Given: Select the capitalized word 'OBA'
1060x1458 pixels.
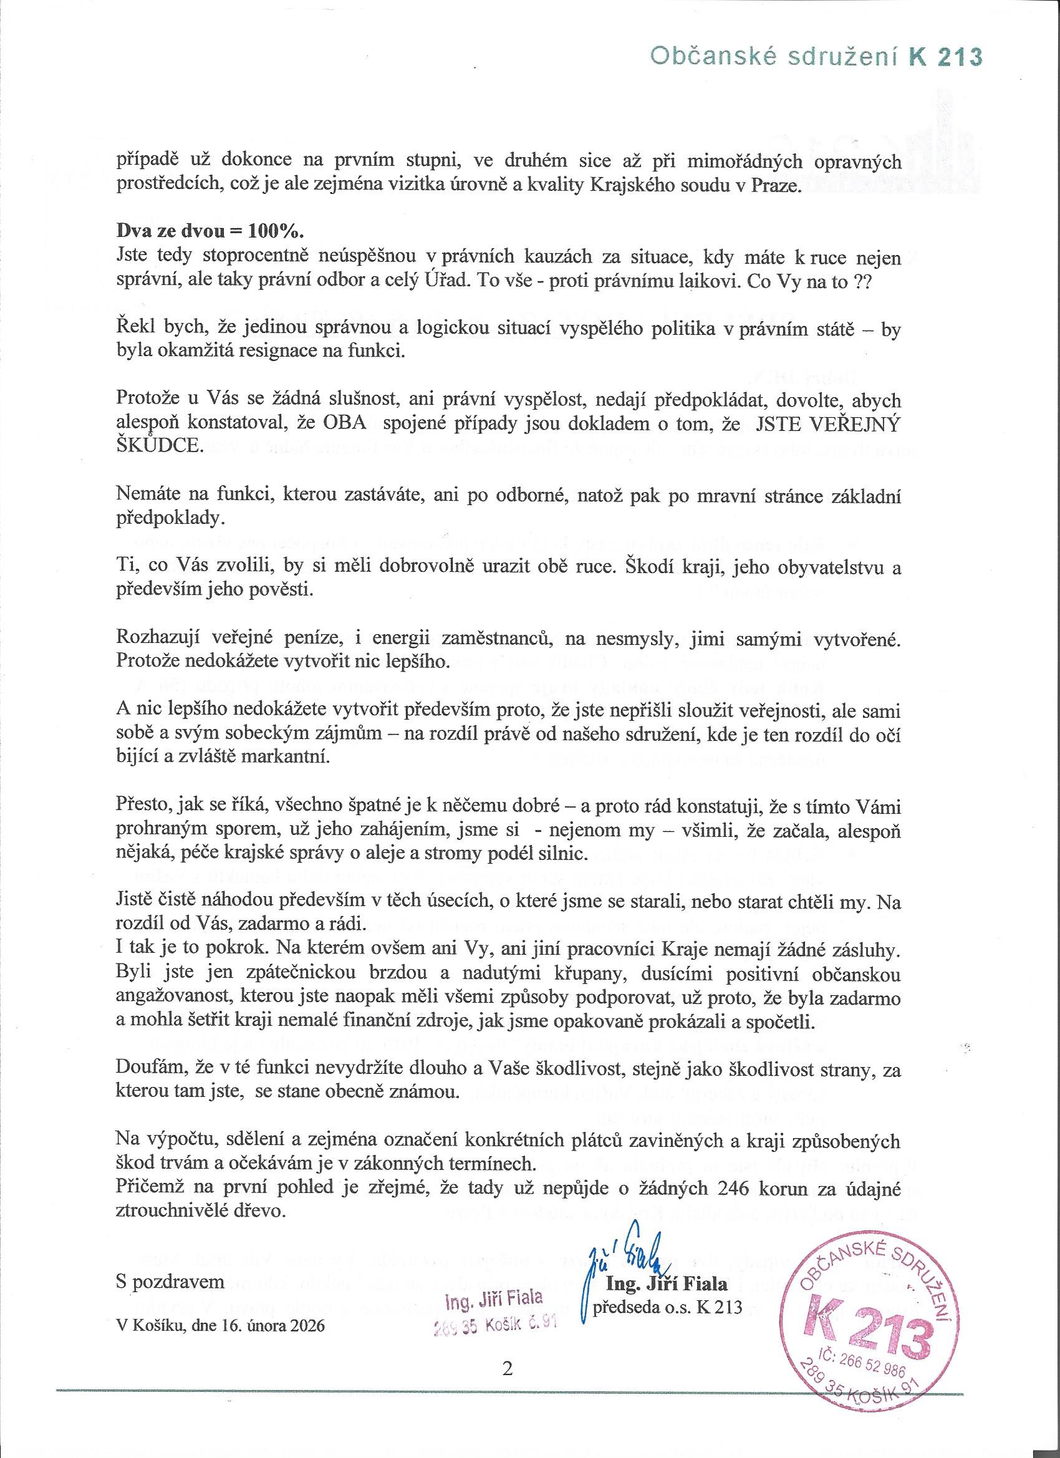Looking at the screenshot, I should pyautogui.click(x=345, y=424).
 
